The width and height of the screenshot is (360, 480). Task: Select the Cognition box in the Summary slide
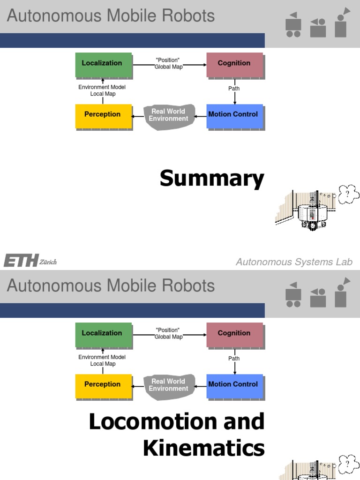[234, 64]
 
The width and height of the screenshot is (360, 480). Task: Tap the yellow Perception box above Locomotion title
[103, 385]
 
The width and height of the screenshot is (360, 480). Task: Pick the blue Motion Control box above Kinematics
[234, 385]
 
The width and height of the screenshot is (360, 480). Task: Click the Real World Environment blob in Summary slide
[168, 115]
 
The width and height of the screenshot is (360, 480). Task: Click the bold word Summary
[212, 179]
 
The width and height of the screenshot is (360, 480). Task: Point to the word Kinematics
[203, 448]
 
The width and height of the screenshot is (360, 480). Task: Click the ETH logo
[21, 261]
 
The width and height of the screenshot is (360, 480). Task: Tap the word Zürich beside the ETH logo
[48, 262]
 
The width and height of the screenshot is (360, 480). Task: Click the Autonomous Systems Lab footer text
[294, 262]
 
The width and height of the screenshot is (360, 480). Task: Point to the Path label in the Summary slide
[234, 88]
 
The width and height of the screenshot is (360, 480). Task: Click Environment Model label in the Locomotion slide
[102, 357]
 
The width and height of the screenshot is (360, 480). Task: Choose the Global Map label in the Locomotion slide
[168, 337]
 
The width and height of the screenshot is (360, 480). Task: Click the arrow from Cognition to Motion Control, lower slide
[234, 366]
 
